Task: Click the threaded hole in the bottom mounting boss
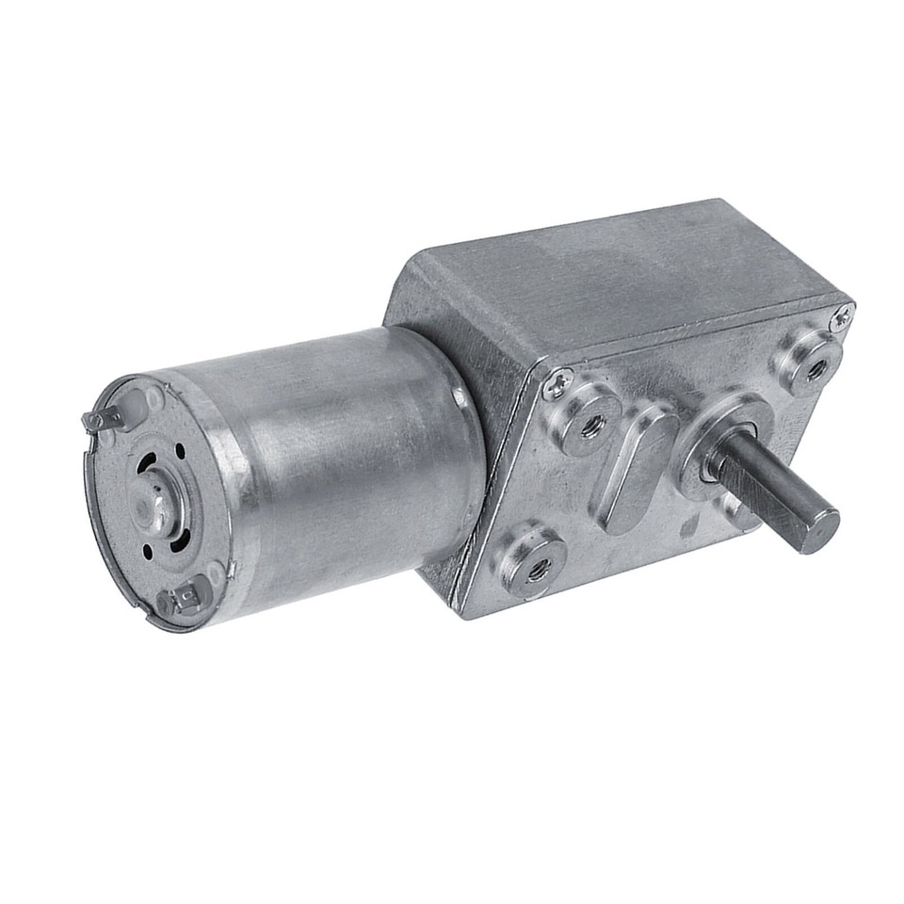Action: point(538,567)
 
